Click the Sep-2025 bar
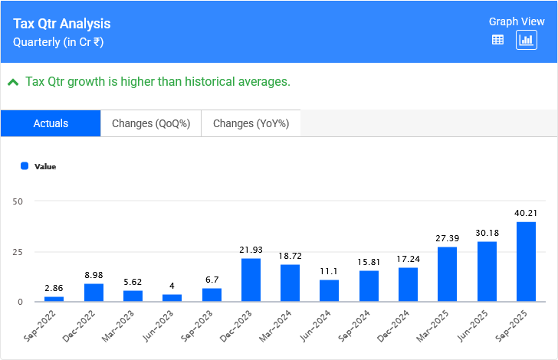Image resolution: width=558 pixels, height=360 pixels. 526,262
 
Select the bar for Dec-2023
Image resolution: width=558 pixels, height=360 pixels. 251,280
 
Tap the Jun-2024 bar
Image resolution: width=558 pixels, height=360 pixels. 329,291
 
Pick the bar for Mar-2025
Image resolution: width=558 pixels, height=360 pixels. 447,274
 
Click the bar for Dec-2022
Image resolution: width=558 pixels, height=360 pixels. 94,293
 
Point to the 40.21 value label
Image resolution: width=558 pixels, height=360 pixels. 526,213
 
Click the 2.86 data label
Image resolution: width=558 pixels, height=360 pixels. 54,287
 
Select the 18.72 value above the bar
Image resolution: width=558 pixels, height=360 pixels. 290,256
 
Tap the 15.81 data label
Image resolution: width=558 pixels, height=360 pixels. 369,262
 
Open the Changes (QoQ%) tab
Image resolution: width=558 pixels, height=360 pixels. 151,123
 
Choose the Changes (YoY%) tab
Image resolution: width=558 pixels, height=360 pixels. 251,123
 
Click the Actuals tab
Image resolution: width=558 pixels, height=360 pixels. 51,123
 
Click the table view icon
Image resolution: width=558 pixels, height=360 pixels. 497,41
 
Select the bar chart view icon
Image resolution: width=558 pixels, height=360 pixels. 526,41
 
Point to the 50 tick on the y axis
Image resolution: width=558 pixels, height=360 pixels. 18,201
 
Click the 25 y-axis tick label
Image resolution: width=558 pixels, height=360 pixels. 18,252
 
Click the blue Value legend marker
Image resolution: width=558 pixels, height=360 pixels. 25,165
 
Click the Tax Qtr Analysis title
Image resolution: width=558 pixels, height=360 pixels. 61,25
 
